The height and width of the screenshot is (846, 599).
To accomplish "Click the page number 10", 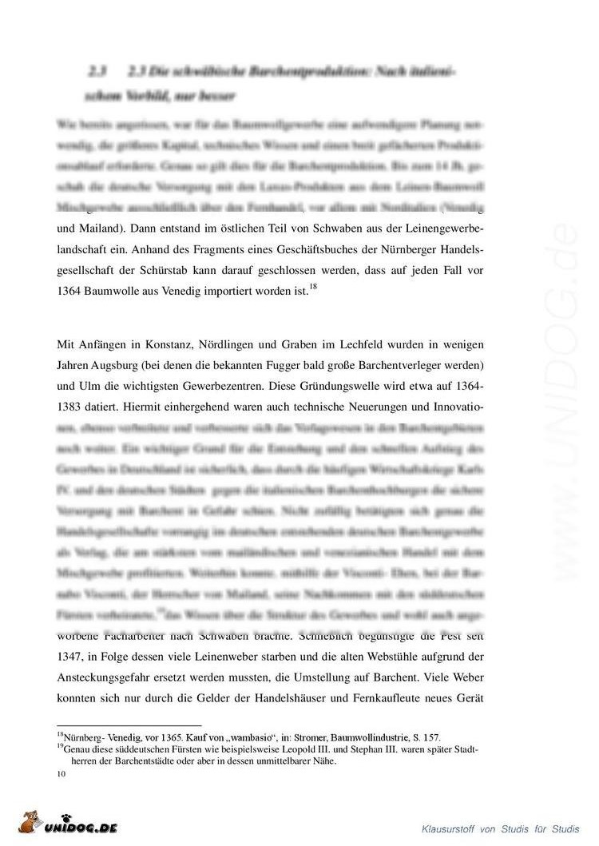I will point(61,773).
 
